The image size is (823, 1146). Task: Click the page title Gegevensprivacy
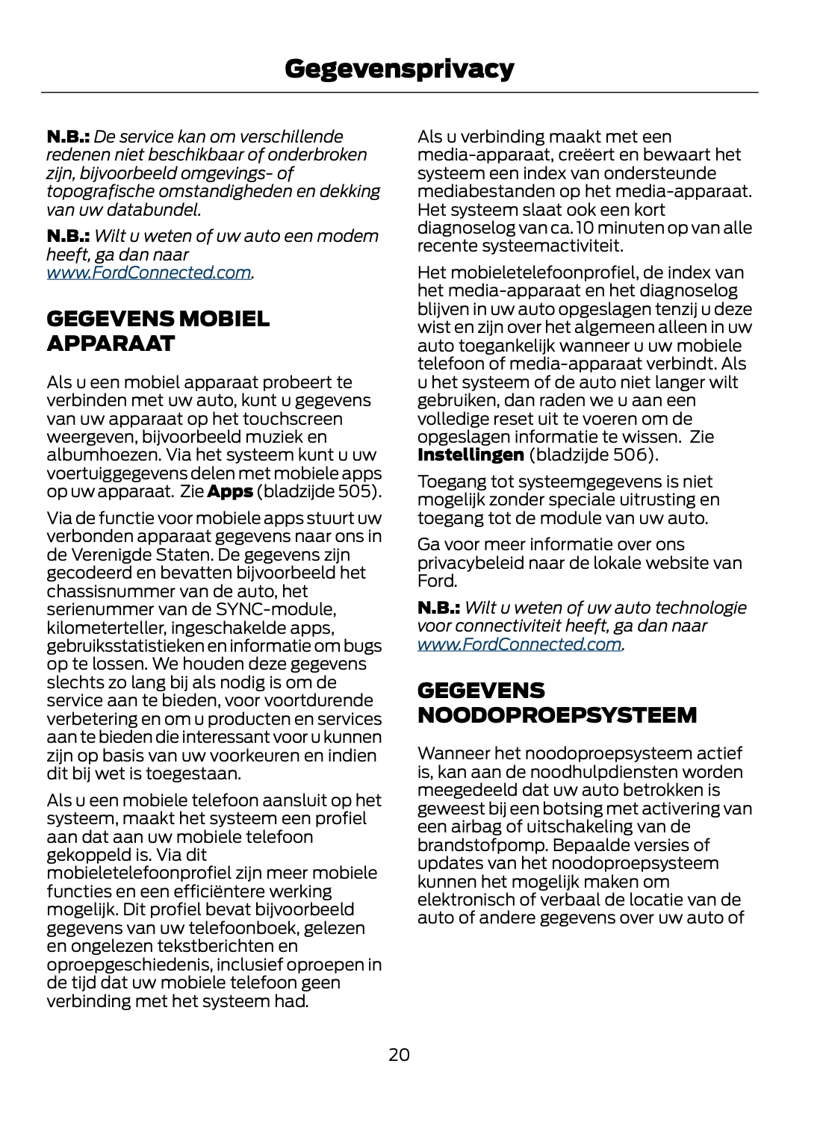coord(399,69)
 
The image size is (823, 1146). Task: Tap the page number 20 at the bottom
coord(399,1054)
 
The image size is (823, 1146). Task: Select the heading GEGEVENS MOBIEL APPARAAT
coord(158,331)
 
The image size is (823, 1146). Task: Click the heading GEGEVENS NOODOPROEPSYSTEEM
coord(556,703)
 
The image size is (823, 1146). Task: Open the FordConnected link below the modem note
coord(149,273)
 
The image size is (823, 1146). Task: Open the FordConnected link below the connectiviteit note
coord(519,644)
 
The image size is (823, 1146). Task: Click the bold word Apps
coord(229,491)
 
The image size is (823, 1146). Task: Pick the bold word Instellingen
coord(470,455)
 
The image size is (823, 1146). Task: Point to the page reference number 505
coord(353,491)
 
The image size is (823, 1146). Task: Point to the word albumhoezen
coord(103,455)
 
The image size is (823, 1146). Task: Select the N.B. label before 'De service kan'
coord(68,137)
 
